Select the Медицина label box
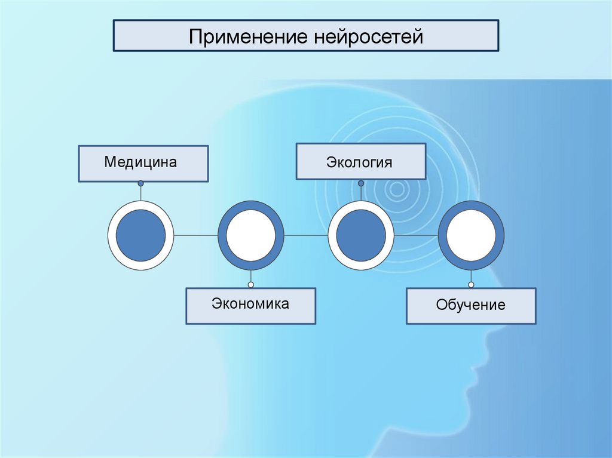pyautogui.click(x=143, y=163)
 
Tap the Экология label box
pyautogui.click(x=360, y=162)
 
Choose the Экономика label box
pyautogui.click(x=250, y=306)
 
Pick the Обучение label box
pyautogui.click(x=471, y=306)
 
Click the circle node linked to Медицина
pyautogui.click(x=140, y=235)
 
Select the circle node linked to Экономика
pyautogui.click(x=250, y=235)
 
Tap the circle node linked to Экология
pyautogui.click(x=360, y=235)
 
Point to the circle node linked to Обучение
pyautogui.click(x=471, y=235)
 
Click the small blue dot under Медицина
pyautogui.click(x=140, y=183)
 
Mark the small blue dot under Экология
pyautogui.click(x=360, y=182)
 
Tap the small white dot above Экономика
pyautogui.click(x=251, y=284)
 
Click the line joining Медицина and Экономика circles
pyautogui.click(x=195, y=235)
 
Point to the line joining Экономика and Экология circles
pyautogui.click(x=305, y=235)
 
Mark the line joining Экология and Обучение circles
pyautogui.click(x=415, y=235)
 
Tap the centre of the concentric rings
pyautogui.click(x=395, y=190)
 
